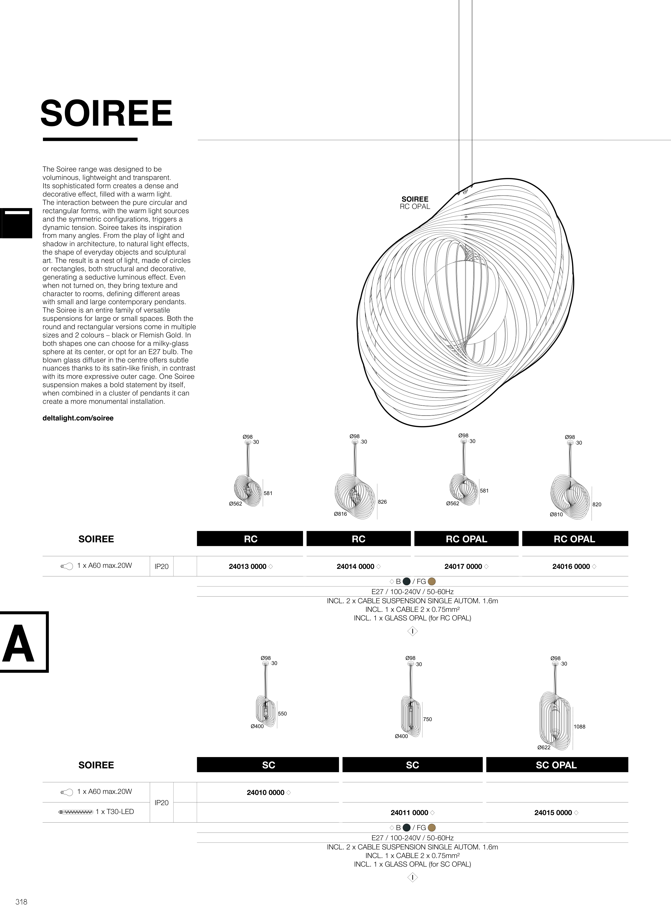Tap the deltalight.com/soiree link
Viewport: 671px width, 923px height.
[x=78, y=418]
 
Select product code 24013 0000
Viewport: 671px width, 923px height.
[x=247, y=566]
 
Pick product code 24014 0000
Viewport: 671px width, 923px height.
[x=355, y=566]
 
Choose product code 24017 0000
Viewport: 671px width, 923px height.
[x=463, y=566]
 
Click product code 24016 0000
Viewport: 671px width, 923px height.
[x=571, y=566]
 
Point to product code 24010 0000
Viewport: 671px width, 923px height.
[x=265, y=792]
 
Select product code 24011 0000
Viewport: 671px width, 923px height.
[x=409, y=813]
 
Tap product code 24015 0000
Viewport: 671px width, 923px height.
[x=553, y=813]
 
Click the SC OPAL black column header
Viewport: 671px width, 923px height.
[x=556, y=765]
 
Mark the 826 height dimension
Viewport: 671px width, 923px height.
[x=382, y=502]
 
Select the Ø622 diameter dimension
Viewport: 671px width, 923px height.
[x=544, y=747]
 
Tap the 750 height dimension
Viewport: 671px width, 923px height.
[x=427, y=719]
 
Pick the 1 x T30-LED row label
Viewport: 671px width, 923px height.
[x=114, y=812]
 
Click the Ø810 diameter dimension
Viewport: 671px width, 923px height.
[x=556, y=514]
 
